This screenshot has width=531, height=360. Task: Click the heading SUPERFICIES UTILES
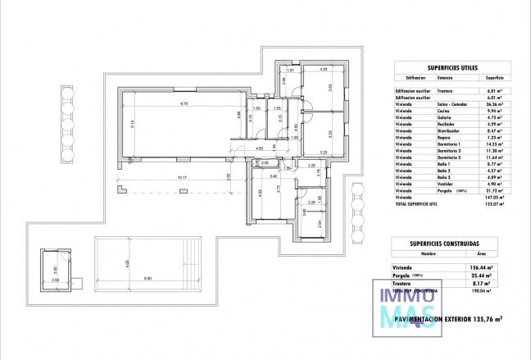coord(447,69)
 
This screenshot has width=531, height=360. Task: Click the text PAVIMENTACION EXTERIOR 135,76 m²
coord(447,317)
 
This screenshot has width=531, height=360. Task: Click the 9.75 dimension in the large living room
coord(184,104)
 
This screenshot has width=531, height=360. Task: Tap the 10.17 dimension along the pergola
coord(181,178)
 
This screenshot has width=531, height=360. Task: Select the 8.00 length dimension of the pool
coord(147,280)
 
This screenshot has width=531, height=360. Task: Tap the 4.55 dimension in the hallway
coord(259,148)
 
